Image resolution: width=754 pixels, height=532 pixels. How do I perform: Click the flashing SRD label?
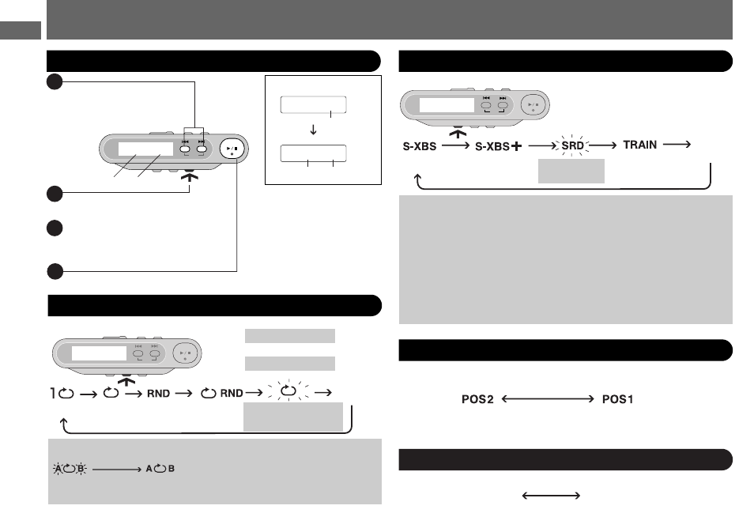point(572,145)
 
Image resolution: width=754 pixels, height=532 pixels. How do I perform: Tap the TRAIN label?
point(639,145)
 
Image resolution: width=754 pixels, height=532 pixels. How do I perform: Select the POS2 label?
point(477,399)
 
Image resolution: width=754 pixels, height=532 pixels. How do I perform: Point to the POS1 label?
point(617,399)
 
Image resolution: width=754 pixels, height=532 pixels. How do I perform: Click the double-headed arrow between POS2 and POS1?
point(548,398)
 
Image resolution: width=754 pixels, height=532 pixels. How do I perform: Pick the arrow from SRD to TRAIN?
point(602,145)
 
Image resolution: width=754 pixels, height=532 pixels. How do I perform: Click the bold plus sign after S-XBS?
point(516,145)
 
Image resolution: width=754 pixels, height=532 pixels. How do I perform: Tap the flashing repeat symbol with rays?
point(288,391)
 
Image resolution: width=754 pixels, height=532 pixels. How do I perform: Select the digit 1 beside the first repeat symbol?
point(53,393)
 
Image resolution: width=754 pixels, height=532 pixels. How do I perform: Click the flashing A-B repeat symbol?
point(70,469)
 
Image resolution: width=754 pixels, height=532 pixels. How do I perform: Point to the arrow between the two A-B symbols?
point(117,469)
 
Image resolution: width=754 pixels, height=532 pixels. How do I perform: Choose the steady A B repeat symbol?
point(160,469)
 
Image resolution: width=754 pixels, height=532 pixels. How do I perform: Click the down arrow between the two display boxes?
point(313,130)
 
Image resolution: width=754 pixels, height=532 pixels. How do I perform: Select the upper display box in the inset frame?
point(314,105)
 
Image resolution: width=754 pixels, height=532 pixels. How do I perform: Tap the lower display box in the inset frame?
point(314,153)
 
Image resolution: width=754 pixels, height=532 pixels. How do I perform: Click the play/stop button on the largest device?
point(232,149)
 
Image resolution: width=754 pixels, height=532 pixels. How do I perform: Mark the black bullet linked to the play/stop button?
point(55,271)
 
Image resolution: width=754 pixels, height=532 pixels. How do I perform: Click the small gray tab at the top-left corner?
point(21,30)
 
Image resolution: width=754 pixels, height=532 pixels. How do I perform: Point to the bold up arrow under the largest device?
point(190,176)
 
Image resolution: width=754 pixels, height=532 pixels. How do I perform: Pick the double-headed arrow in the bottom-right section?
point(551,496)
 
